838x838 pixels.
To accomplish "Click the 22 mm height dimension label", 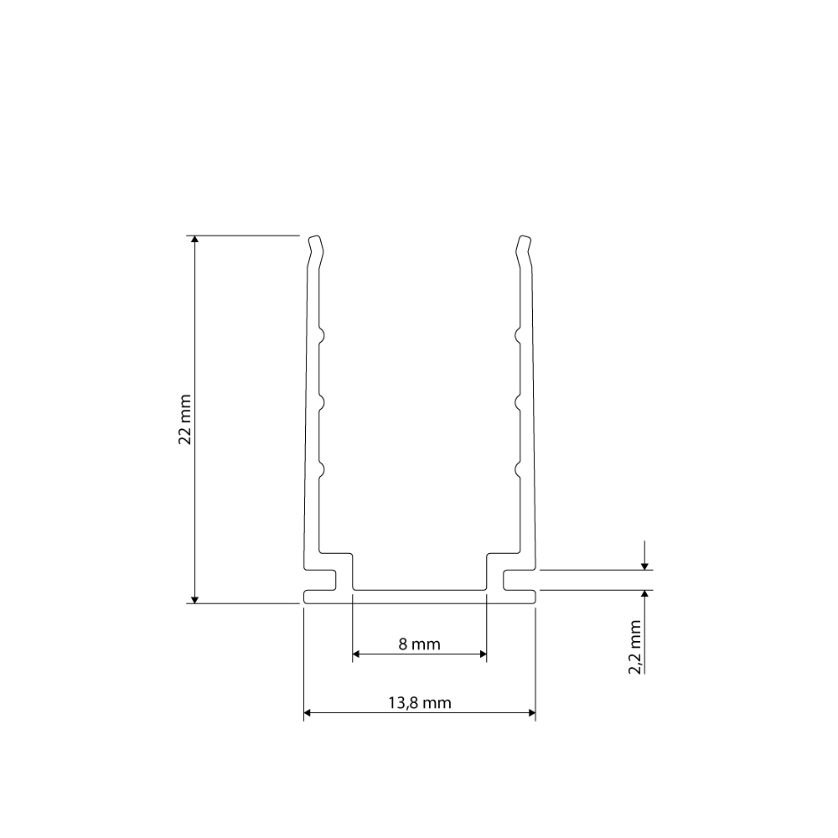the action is tap(185, 420).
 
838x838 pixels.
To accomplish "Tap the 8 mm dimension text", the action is tap(420, 644).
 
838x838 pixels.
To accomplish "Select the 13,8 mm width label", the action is tap(420, 703).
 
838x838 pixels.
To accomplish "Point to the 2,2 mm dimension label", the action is tap(634, 647).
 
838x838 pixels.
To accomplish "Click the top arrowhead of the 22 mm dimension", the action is tap(195, 239).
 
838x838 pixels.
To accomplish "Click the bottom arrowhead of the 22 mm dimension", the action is tap(195, 600).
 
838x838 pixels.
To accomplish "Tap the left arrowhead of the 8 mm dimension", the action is tap(356, 654).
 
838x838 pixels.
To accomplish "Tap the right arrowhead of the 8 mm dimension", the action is tap(483, 654).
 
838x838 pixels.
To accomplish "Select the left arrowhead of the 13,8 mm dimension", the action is tap(308, 712).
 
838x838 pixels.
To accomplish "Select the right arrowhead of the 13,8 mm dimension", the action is tap(531, 712).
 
